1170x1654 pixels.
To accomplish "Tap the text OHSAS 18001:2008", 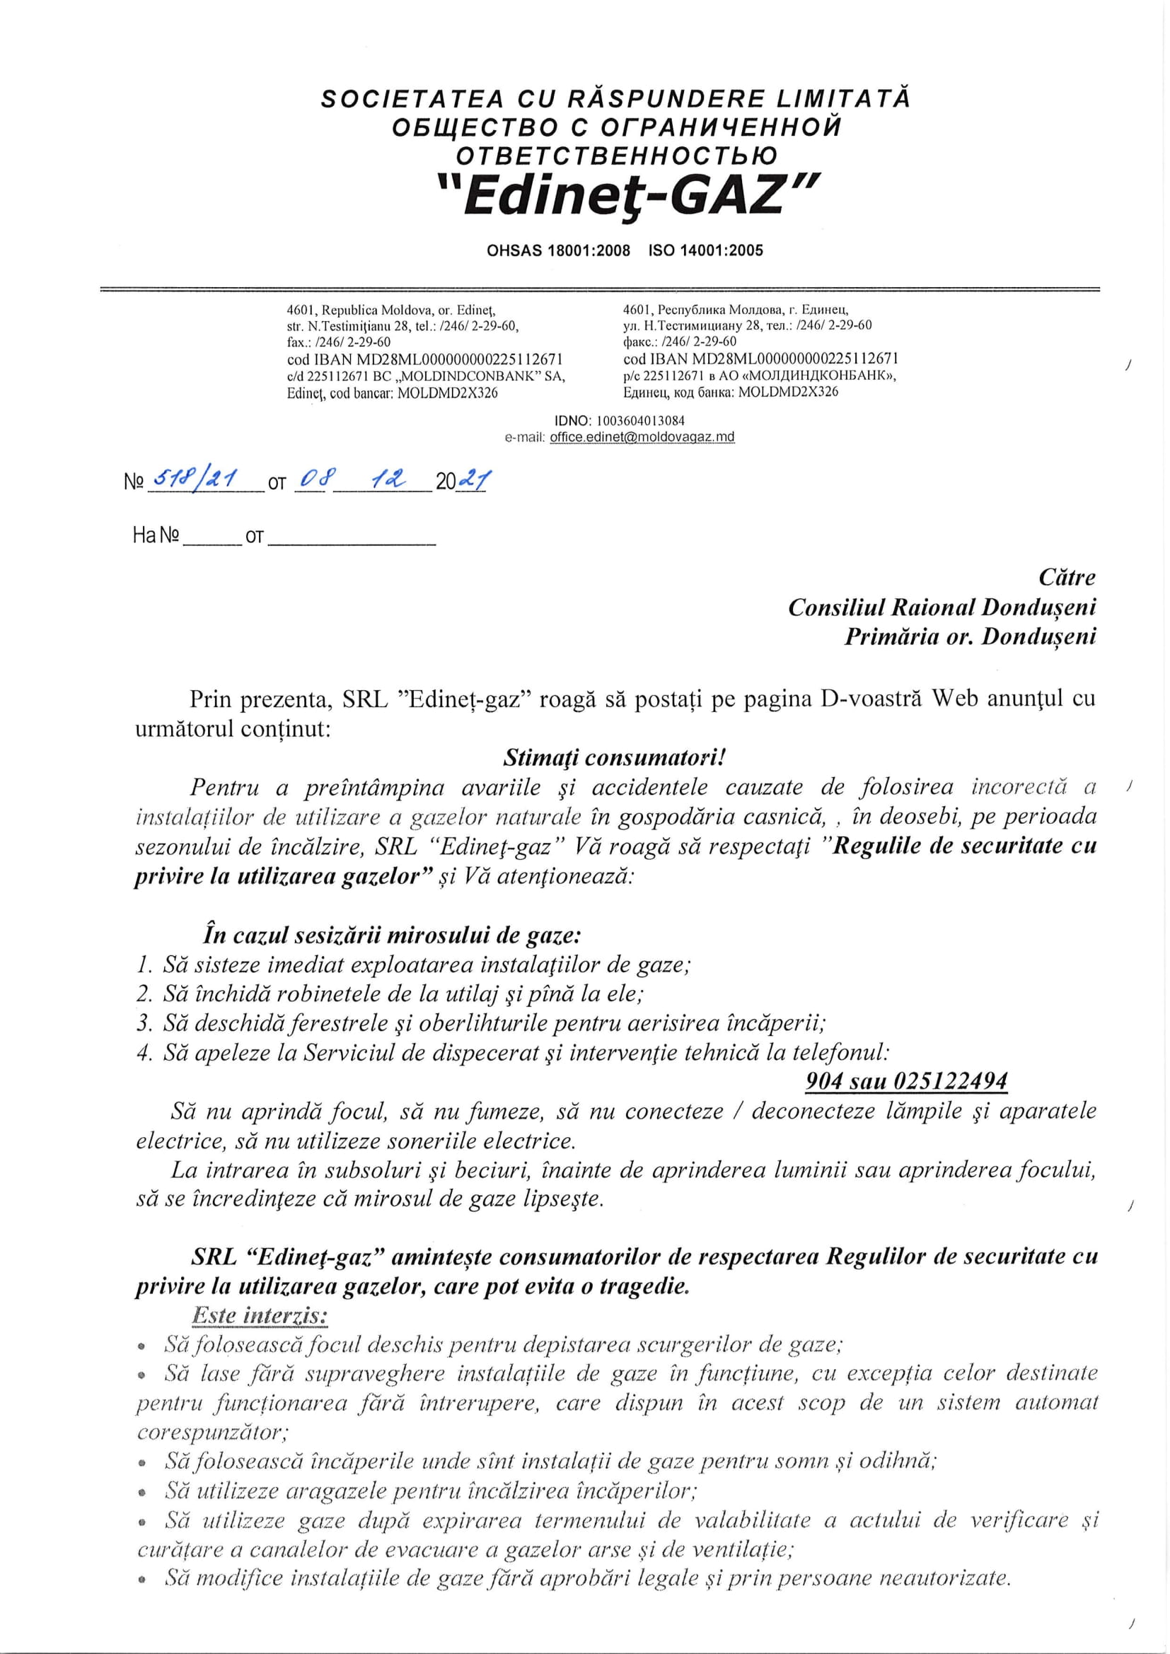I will point(558,251).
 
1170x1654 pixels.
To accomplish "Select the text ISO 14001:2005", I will point(705,251).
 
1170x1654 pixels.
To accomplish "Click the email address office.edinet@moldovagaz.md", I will point(641,437).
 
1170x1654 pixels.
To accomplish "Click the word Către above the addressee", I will point(1067,578).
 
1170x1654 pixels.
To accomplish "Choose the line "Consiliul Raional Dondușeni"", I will point(942,607).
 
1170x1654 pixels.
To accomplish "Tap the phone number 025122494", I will point(950,1081).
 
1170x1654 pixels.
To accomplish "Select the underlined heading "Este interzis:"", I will point(260,1316).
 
